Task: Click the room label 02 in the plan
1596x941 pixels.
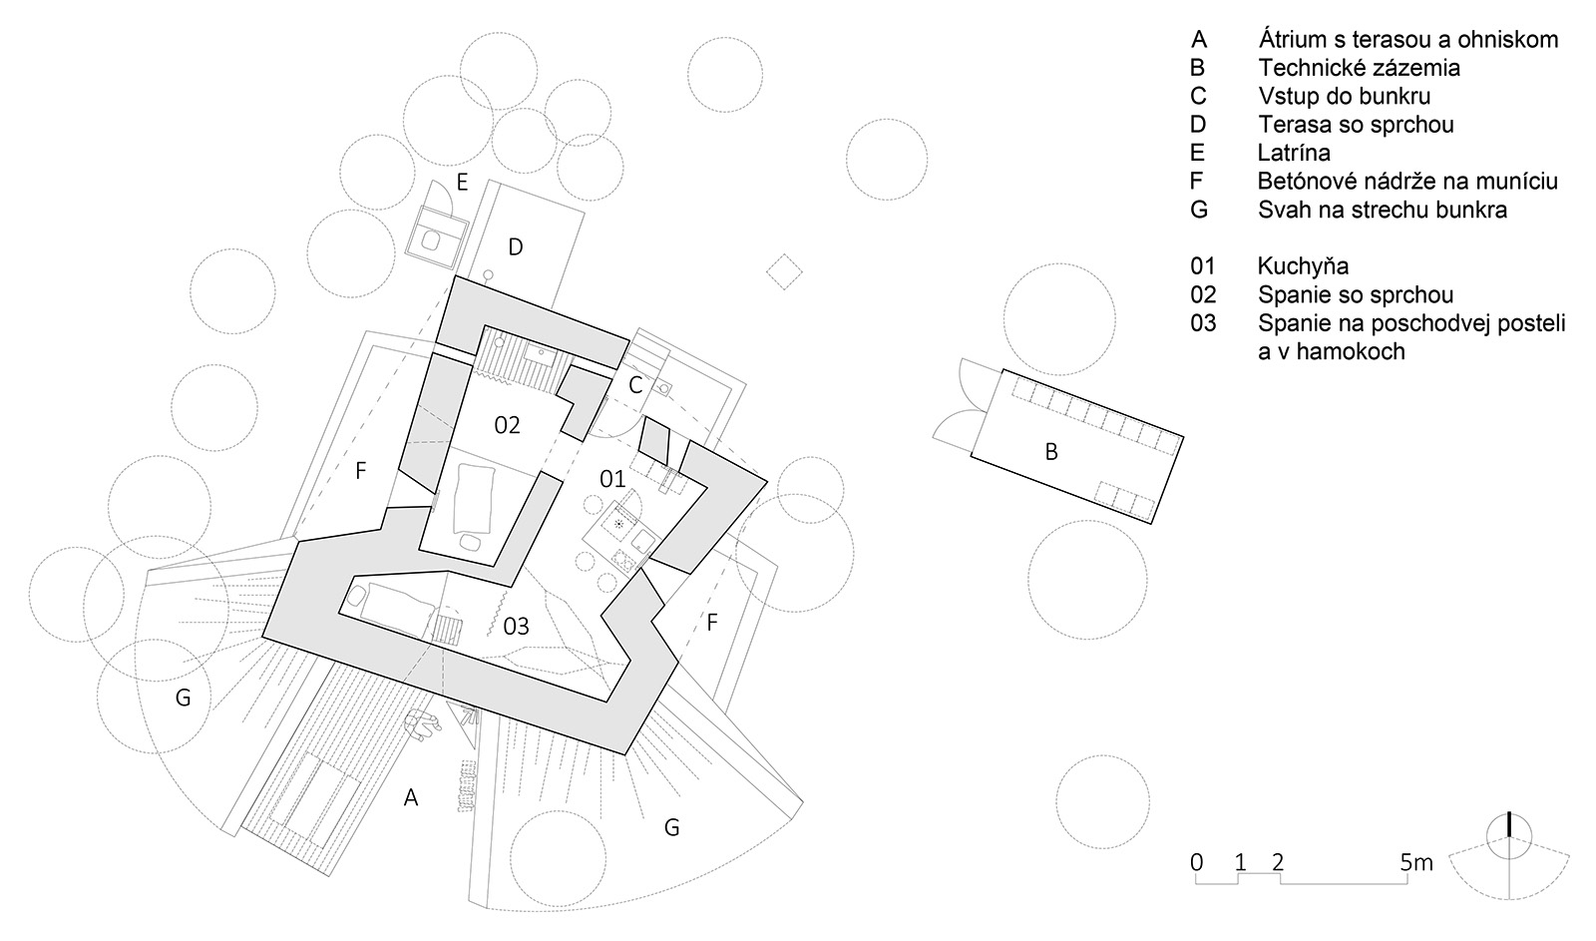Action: coord(508,425)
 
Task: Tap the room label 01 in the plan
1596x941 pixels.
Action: coord(612,479)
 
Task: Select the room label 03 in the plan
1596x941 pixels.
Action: coord(516,627)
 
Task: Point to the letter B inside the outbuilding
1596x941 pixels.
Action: coord(1050,452)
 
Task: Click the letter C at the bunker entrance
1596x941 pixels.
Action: coord(635,385)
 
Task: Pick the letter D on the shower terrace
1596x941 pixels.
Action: coord(515,247)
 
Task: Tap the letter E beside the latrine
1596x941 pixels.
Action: coord(462,184)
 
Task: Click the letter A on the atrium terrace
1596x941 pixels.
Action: coord(410,797)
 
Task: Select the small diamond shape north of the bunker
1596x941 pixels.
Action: coord(784,271)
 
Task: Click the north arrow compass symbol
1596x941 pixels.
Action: coord(1509,855)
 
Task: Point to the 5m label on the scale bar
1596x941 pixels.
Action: coord(1415,862)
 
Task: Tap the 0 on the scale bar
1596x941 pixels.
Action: coord(1196,862)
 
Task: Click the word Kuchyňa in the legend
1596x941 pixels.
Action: coord(1303,265)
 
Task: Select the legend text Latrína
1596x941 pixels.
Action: coord(1294,153)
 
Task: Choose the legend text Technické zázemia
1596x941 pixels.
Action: coord(1359,68)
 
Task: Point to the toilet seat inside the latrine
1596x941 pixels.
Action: coord(430,240)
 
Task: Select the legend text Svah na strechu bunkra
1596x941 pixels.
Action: coord(1383,211)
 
